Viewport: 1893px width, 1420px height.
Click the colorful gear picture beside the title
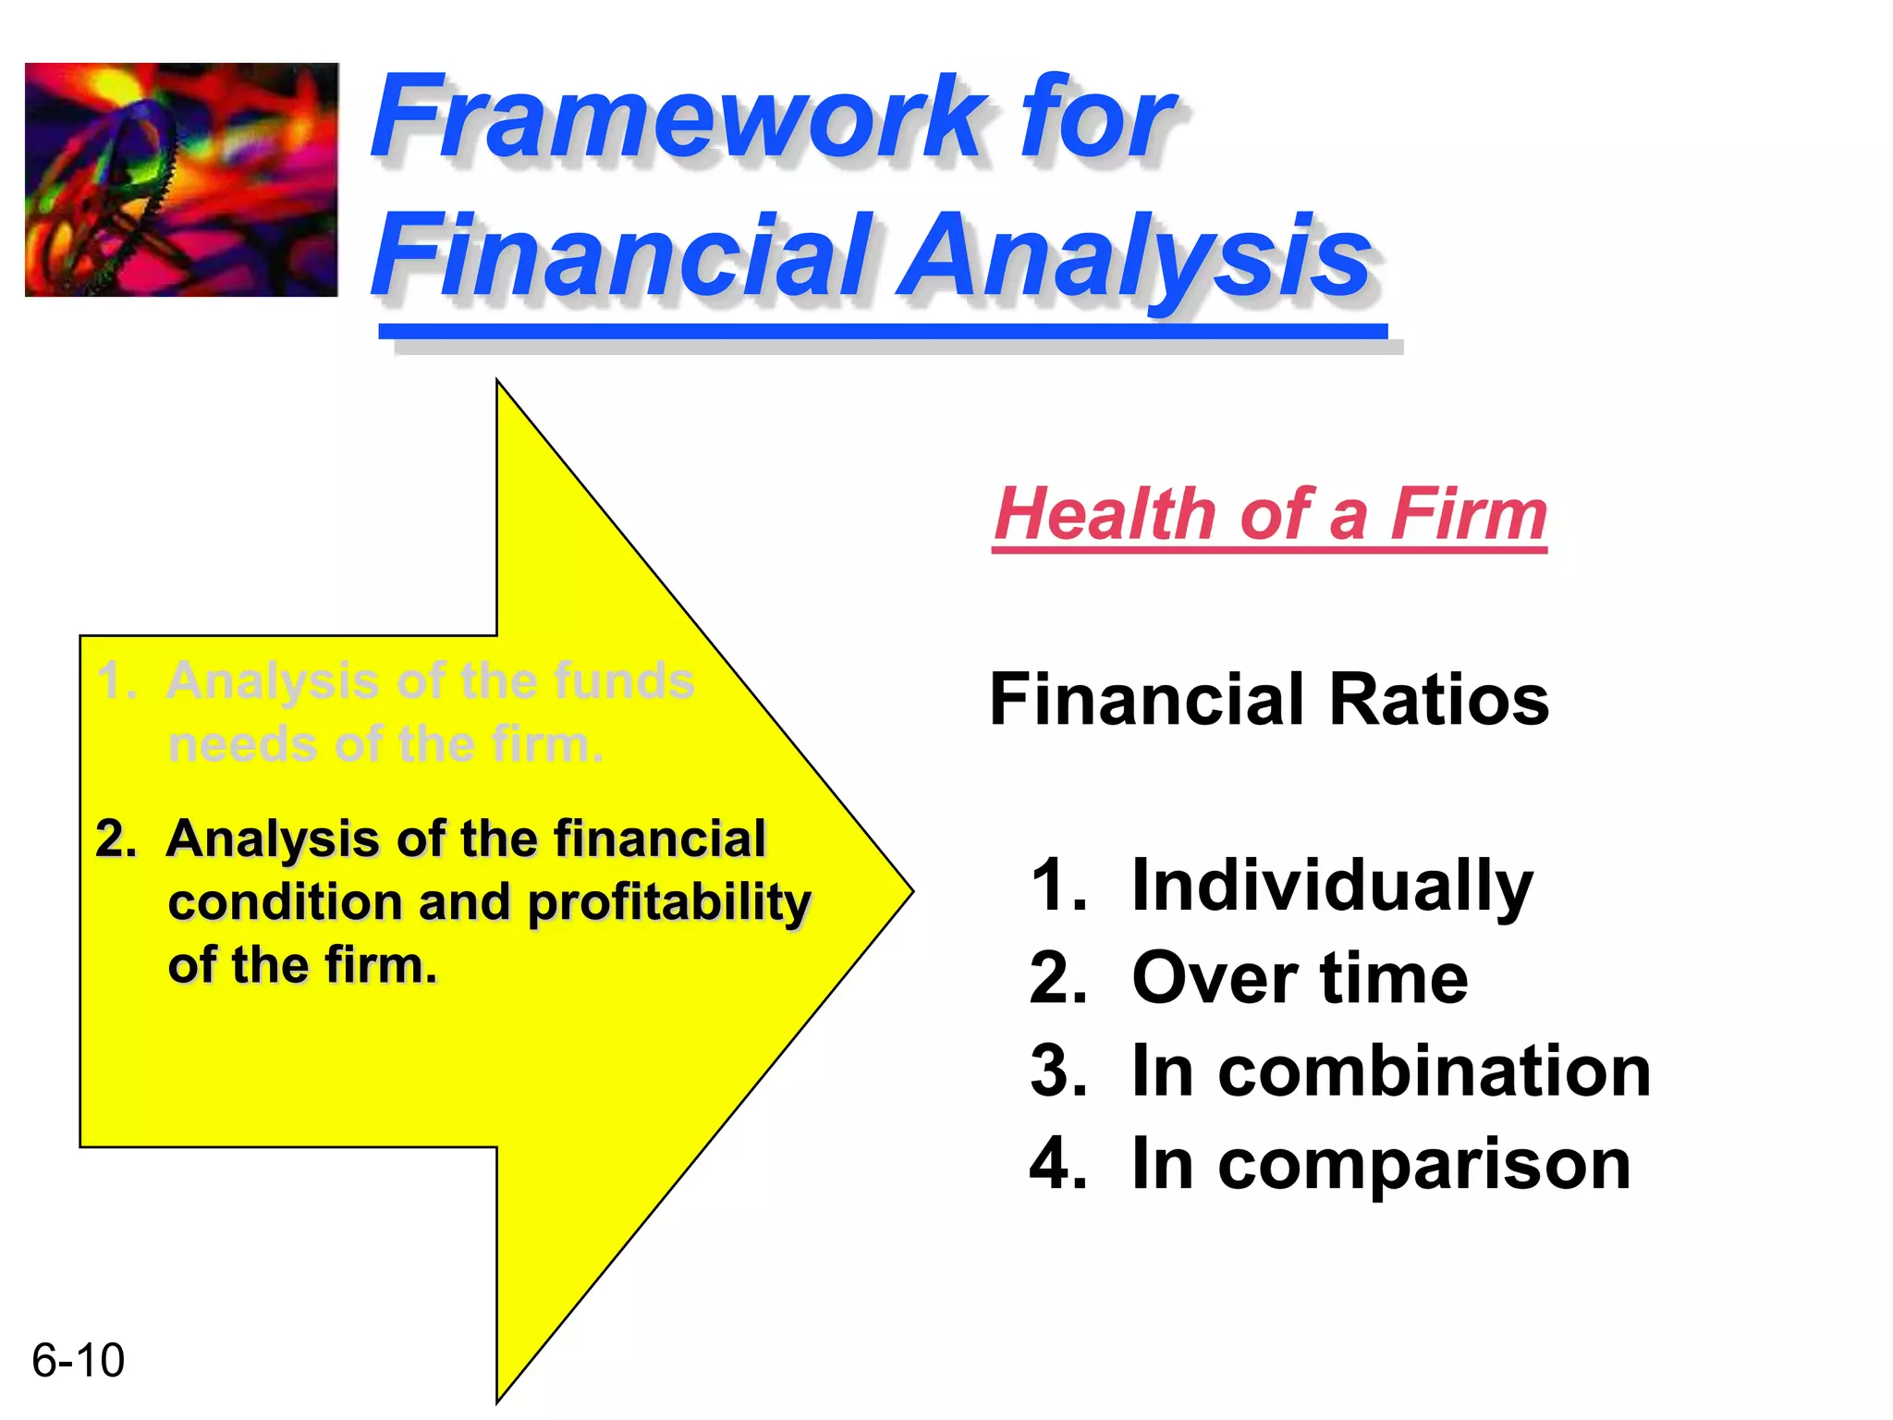[181, 179]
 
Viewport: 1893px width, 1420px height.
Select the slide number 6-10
[78, 1360]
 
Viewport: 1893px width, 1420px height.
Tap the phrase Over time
[1300, 978]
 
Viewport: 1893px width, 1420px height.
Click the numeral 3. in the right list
[1058, 1071]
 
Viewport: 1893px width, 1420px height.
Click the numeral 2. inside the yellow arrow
[116, 839]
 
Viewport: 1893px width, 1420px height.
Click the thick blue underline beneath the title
[883, 331]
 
